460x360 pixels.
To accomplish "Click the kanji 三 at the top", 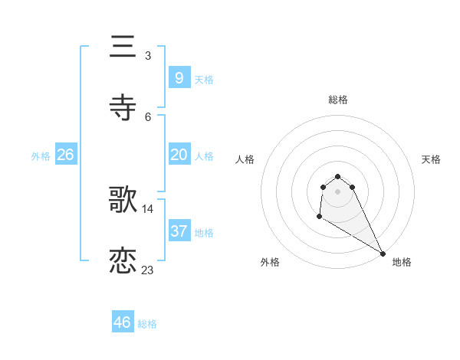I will tap(123, 47).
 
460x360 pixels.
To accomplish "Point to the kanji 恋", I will tap(123, 261).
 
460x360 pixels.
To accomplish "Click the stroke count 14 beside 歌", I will tap(148, 208).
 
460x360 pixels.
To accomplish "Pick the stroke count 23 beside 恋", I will tap(148, 270).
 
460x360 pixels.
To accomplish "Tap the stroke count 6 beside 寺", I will tap(148, 116).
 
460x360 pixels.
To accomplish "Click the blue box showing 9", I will tap(179, 77).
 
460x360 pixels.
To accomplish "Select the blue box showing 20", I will tap(179, 155).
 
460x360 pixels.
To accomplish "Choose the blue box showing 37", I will tap(179, 231).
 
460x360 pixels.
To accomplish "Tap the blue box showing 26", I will tap(65, 155).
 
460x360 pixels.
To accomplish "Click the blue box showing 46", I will tap(122, 322).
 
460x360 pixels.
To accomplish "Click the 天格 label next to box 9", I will tap(204, 79).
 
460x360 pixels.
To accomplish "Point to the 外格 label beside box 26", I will tap(41, 156).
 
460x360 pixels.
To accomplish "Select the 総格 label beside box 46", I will tap(147, 324).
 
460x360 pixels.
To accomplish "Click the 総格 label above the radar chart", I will tap(338, 100).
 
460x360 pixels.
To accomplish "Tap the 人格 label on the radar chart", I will tap(245, 159).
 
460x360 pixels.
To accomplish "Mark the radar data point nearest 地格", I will tap(383, 253).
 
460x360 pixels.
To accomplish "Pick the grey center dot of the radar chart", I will tap(338, 191).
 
